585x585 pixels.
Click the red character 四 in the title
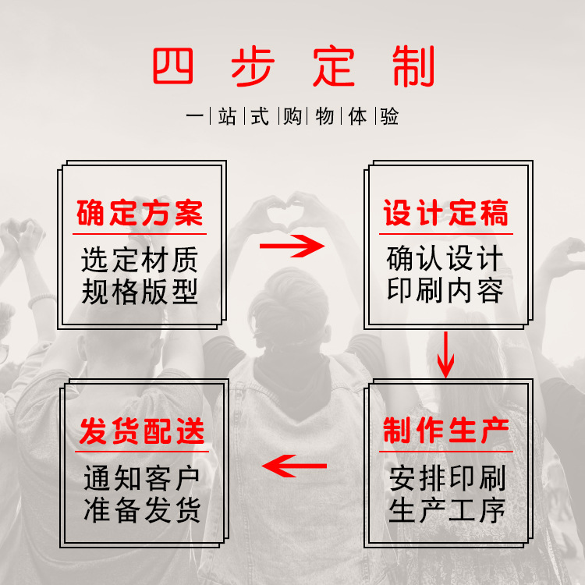(172, 69)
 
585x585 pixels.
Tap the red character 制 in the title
(413, 69)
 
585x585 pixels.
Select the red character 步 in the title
(252, 69)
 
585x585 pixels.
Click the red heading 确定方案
(140, 213)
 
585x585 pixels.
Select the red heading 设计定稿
(445, 213)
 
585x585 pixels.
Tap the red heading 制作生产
(445, 431)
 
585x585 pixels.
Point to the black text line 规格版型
(140, 292)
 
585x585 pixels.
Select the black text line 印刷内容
(445, 291)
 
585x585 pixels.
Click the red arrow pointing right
(292, 247)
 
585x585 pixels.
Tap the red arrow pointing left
(294, 466)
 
